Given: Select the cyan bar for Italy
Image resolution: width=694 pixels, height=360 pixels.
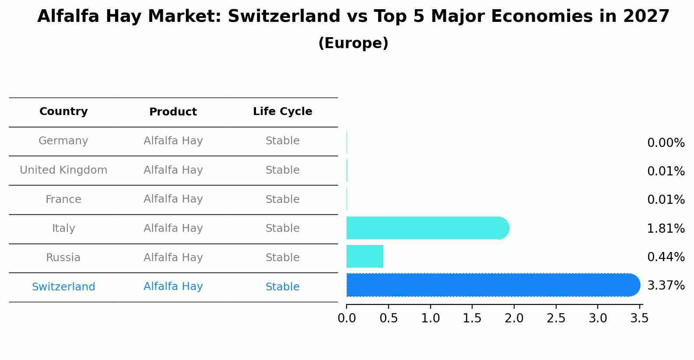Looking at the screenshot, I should point(427,228).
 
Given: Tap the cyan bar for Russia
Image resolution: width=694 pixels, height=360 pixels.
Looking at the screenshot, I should point(365,256).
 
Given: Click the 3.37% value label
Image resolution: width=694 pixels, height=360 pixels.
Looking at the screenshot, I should point(666,286).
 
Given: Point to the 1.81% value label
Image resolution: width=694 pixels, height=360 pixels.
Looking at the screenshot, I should point(666,228).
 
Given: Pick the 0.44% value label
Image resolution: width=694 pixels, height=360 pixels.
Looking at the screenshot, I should point(666,257).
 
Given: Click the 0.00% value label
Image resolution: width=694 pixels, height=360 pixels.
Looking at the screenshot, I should point(666,143).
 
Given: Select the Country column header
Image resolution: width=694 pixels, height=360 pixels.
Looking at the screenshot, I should point(63,112).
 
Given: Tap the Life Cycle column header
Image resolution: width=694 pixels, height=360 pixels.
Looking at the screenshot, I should point(282,112).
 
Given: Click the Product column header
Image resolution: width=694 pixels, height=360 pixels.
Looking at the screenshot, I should point(173,112).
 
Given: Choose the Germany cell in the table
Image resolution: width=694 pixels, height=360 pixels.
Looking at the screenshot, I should point(63,141).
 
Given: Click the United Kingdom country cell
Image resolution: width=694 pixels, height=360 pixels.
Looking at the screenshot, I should point(63,170).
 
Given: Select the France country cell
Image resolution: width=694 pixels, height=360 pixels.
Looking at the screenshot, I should point(63,199).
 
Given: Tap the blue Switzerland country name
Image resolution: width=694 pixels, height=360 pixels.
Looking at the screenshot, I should point(63,287).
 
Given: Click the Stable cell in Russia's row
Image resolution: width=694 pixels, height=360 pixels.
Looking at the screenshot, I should point(282,258).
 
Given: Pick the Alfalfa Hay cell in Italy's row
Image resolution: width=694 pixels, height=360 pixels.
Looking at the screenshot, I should point(173,228).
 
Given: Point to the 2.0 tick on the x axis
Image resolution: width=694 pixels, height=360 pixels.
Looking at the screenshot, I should point(514,318).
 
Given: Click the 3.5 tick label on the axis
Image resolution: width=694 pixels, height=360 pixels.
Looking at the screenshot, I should point(639,318).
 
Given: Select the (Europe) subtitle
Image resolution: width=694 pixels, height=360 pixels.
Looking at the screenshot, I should point(353,43).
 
